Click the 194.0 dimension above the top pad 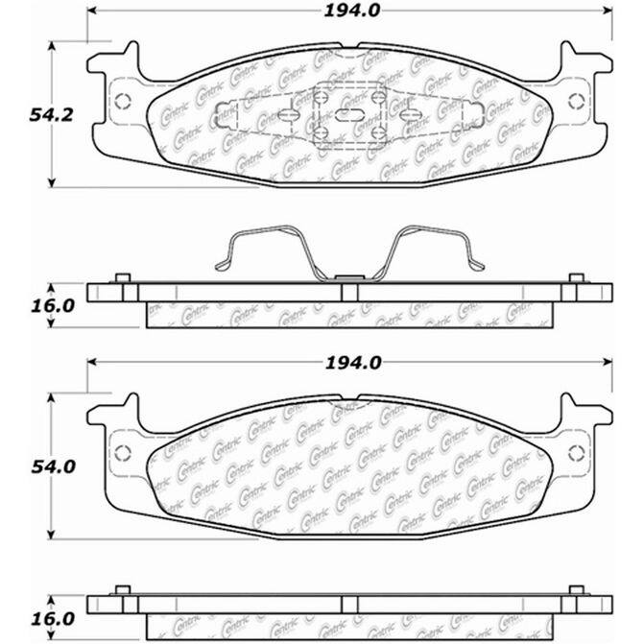(x=352, y=12)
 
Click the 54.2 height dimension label (x=51, y=115)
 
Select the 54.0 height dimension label (x=54, y=467)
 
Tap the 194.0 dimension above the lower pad (x=353, y=363)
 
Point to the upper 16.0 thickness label (x=53, y=306)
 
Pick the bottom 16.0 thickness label (x=53, y=619)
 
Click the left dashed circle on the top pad (x=123, y=102)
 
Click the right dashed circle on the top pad (x=576, y=102)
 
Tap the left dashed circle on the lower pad (x=123, y=453)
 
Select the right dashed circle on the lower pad (x=576, y=453)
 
